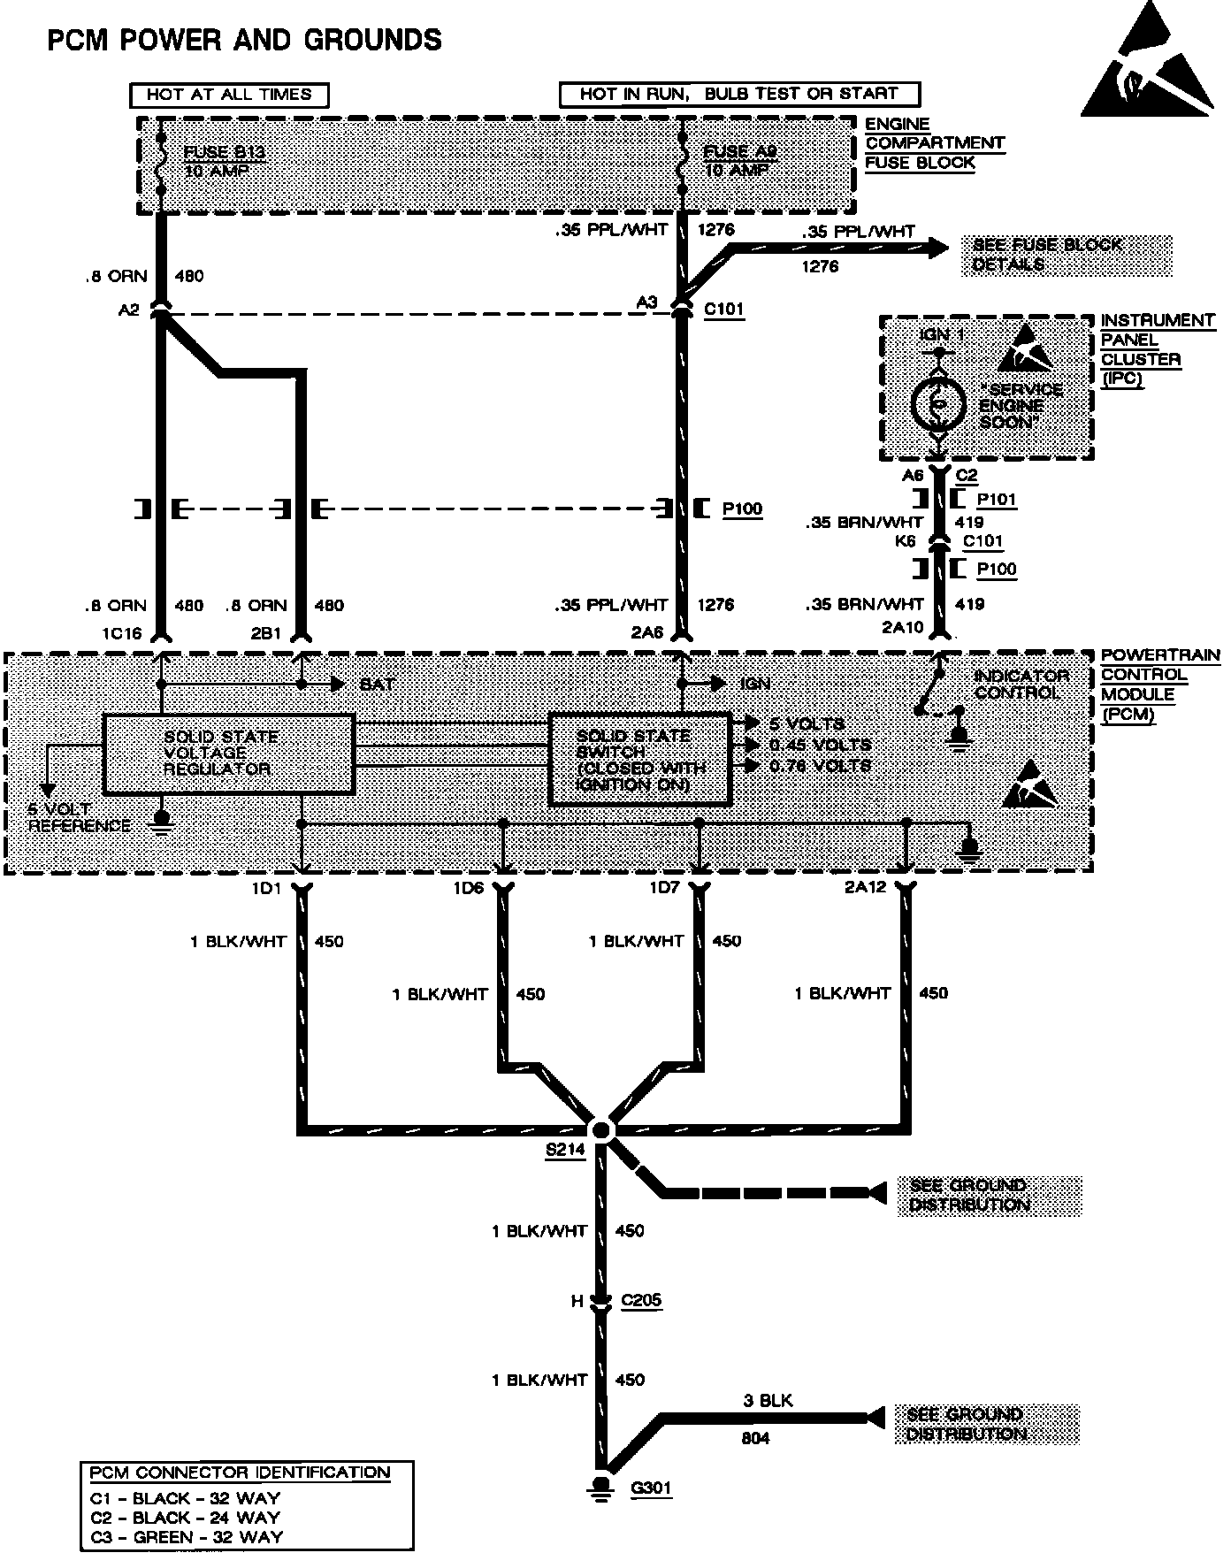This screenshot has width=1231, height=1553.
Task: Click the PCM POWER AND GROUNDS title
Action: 244,41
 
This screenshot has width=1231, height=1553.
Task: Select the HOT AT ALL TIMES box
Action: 229,95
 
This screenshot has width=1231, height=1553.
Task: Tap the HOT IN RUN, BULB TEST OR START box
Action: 739,94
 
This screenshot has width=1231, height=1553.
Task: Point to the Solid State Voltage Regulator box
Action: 228,754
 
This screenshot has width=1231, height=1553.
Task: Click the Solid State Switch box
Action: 640,760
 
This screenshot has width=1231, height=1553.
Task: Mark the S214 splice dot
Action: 601,1129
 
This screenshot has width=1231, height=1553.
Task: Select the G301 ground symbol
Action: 601,1488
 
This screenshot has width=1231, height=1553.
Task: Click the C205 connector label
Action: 641,1300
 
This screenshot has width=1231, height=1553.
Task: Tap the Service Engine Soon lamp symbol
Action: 938,404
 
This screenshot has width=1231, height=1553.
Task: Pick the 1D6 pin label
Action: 469,888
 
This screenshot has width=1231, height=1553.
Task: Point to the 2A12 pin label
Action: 864,888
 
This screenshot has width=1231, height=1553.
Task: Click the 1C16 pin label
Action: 121,633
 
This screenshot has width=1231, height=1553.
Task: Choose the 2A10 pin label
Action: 902,628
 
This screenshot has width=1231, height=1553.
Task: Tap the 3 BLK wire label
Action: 768,1401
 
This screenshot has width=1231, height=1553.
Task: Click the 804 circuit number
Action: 755,1439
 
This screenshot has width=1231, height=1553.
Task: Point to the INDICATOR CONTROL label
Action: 1021,684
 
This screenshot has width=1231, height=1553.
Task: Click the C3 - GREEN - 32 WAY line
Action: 186,1537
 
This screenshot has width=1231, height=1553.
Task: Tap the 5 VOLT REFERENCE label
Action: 79,818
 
